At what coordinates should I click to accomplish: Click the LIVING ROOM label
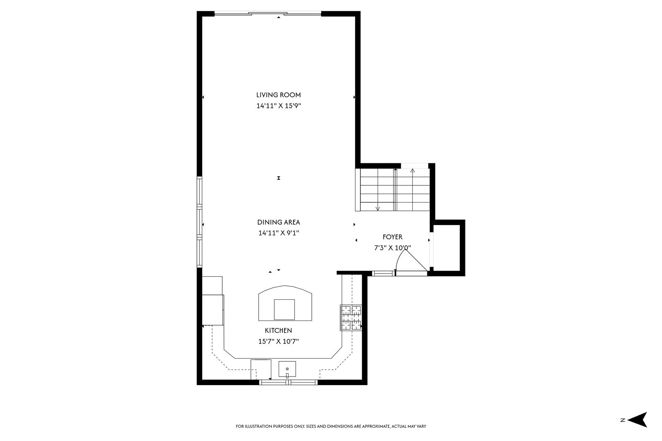tap(278, 95)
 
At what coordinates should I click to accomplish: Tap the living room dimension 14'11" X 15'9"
tap(278, 106)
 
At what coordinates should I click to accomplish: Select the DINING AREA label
tap(278, 223)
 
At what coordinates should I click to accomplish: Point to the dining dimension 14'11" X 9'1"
tap(278, 233)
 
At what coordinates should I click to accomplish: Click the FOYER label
tap(392, 237)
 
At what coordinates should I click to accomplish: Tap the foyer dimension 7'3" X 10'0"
tap(392, 247)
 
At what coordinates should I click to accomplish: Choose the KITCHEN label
tap(278, 331)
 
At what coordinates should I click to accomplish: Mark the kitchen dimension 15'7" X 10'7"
tap(278, 341)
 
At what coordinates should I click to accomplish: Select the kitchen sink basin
tap(287, 369)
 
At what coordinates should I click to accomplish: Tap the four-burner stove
tap(351, 318)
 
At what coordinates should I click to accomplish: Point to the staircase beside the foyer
tap(395, 190)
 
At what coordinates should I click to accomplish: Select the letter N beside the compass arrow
tap(623, 420)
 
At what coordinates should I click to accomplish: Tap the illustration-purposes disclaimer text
tap(331, 426)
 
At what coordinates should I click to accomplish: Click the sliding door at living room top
tap(268, 14)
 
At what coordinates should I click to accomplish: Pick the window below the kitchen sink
tap(289, 382)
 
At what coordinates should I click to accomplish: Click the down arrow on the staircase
tap(378, 208)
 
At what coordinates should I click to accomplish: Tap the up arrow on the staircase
tap(413, 170)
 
